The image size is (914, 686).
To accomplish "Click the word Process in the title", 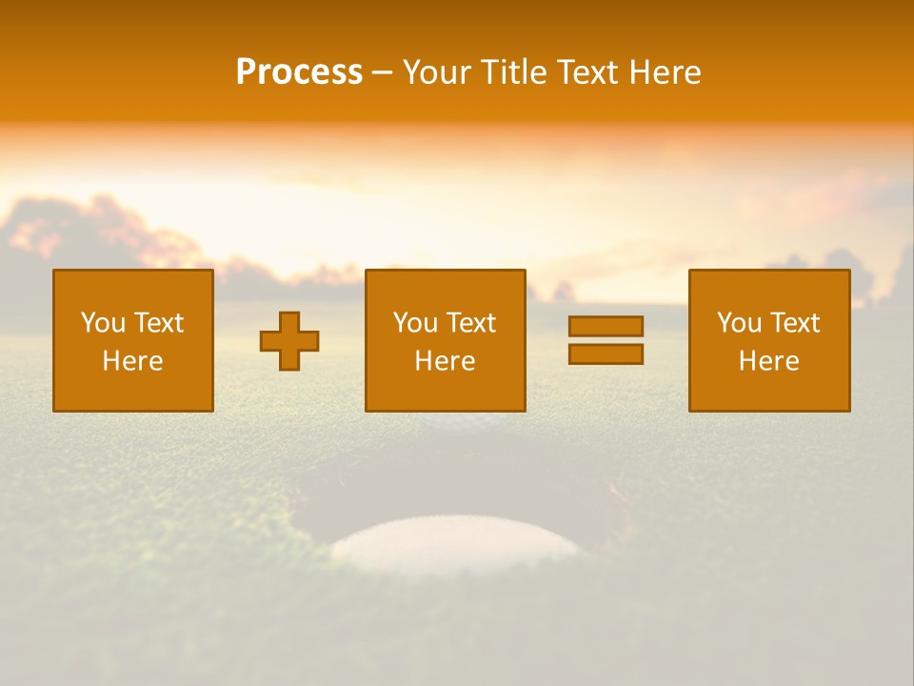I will click(299, 72).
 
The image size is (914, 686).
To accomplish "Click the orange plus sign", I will click(289, 341).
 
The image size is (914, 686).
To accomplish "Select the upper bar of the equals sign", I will click(606, 326).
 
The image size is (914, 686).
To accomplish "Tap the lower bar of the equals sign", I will click(606, 353).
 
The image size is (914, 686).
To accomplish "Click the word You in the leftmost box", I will click(103, 323).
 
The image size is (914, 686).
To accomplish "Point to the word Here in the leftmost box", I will click(132, 361).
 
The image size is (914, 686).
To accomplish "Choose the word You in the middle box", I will click(415, 323).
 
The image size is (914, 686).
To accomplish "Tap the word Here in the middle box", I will click(445, 361).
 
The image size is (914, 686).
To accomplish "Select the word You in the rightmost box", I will click(739, 323).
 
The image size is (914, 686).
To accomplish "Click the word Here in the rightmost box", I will click(768, 361).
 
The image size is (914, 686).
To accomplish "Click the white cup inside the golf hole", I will click(455, 544).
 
